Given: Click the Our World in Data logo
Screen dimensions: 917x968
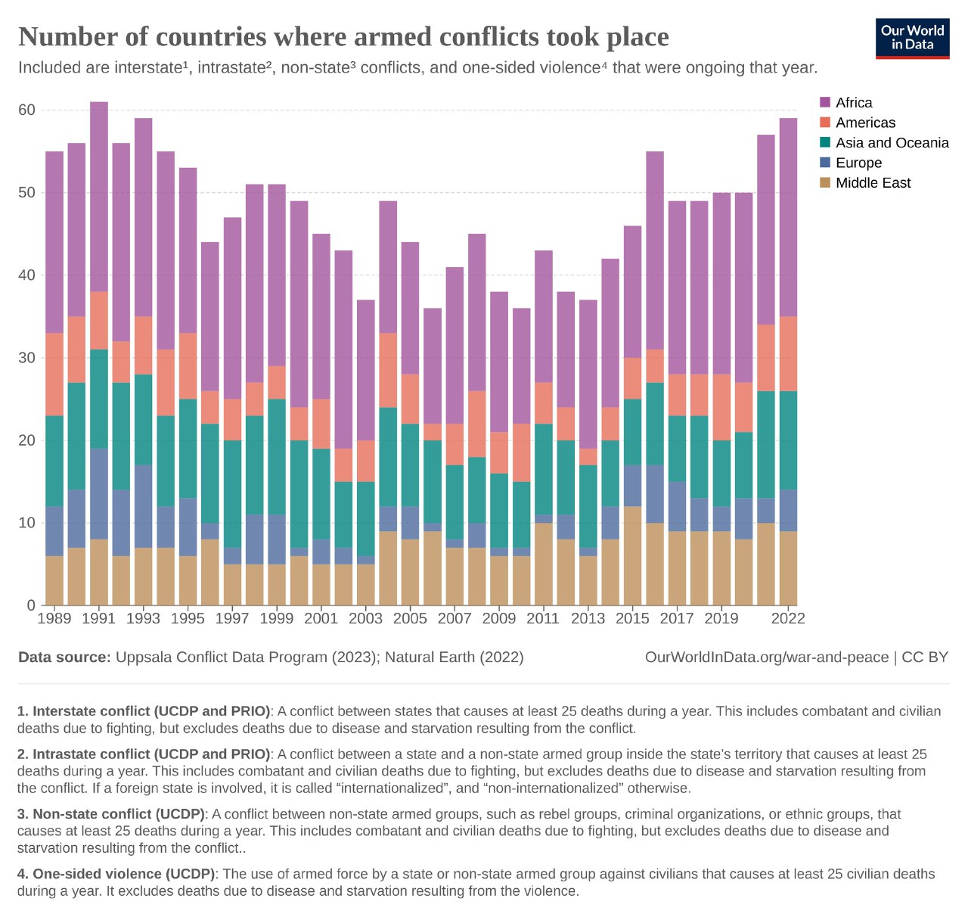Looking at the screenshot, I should tap(912, 38).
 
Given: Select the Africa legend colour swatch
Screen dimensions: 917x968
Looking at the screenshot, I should tap(825, 102).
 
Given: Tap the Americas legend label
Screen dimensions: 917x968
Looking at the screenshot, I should tap(865, 123).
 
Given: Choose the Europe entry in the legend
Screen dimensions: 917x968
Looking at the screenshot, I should tap(858, 163).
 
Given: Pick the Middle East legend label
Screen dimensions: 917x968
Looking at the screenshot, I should tap(873, 183).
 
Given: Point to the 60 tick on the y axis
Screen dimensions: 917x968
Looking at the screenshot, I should tap(26, 110).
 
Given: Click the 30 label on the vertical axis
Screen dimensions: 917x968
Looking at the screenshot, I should tap(26, 357).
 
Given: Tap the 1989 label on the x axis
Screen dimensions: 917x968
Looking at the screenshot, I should tap(54, 618).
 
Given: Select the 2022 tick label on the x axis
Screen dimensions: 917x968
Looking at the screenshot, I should tap(788, 618).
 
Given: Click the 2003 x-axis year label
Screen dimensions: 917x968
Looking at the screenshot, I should tap(366, 618).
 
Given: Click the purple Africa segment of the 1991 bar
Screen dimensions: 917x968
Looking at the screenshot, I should tap(99, 197).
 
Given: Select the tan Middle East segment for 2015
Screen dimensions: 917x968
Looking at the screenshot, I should tap(632, 555).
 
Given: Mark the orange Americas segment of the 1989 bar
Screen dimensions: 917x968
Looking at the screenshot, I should tap(54, 374).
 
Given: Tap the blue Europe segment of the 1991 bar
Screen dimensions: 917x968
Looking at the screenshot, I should tap(99, 493).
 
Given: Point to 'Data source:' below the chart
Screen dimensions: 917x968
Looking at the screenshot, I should tap(64, 657).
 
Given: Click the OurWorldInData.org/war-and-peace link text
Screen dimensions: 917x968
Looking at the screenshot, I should tap(766, 657).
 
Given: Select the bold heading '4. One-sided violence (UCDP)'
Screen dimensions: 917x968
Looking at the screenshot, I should tap(116, 874).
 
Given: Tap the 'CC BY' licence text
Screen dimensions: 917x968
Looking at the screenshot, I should tap(925, 657).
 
